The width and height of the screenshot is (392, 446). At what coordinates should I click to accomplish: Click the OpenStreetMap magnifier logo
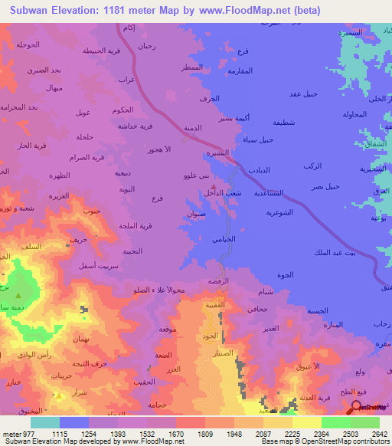point(356,406)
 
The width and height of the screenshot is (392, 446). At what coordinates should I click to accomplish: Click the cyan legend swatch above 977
point(45,422)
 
